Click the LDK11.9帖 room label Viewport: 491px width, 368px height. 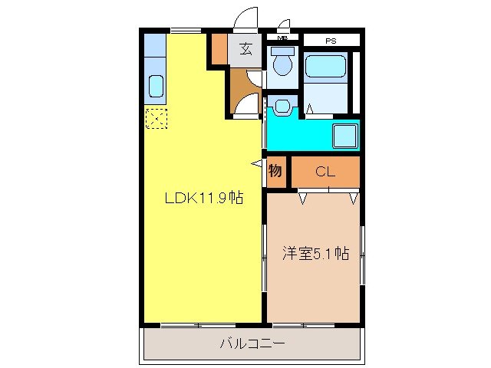tap(205, 198)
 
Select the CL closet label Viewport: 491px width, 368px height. tap(325, 172)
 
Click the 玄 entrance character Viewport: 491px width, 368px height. tap(245, 50)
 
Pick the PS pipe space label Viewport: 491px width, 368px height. tap(331, 39)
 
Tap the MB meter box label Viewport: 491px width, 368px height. tap(282, 38)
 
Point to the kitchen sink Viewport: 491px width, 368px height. tap(157, 86)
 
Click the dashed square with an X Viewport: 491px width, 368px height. tap(156, 119)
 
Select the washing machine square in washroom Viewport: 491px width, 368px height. tap(344, 136)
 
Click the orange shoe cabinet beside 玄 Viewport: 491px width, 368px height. tap(219, 49)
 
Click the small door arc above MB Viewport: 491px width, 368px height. tap(285, 25)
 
